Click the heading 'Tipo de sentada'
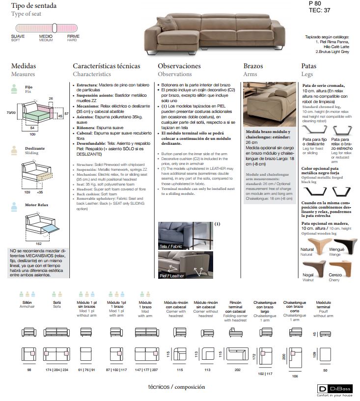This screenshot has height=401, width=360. point(34,6)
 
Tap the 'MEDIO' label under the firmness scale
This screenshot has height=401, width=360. point(46,36)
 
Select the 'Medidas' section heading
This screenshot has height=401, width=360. point(24,66)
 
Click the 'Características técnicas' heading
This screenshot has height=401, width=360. point(107,66)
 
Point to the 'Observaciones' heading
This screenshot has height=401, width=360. point(179,66)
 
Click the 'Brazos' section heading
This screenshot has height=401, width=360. point(253,66)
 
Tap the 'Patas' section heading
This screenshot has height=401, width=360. point(308,66)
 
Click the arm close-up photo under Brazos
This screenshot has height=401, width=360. point(269,104)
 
